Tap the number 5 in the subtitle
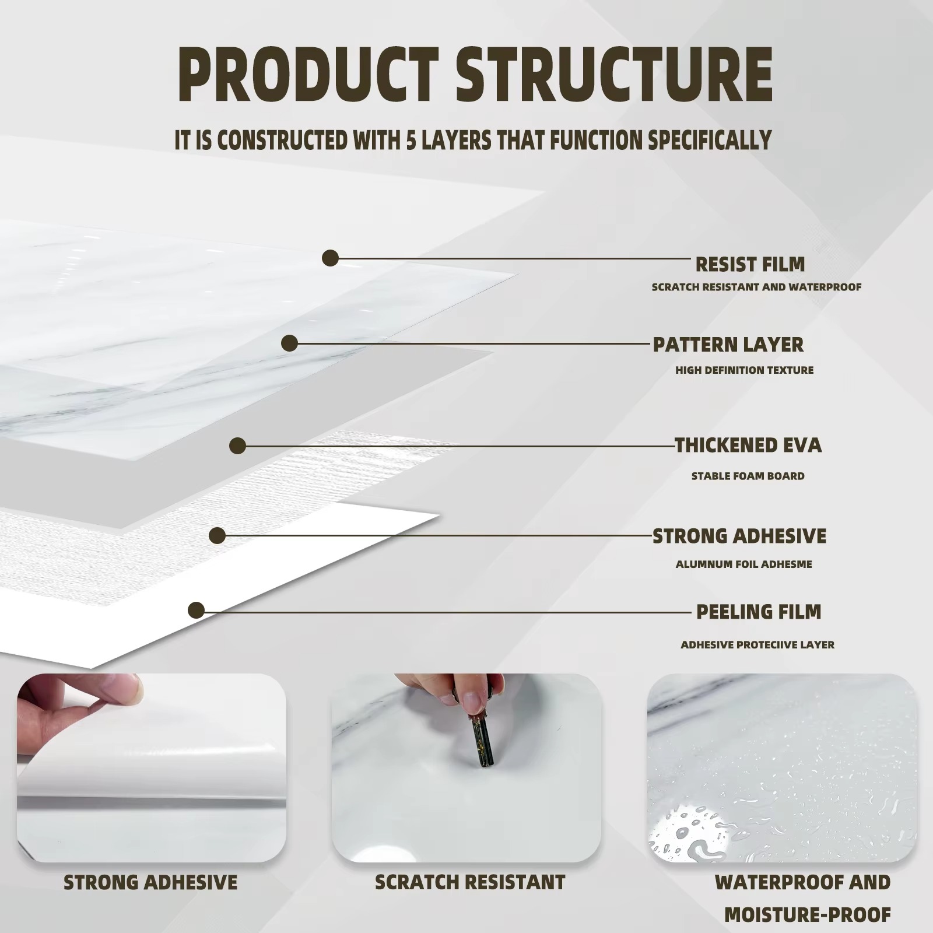411,140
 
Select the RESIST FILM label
750,264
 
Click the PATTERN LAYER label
728,345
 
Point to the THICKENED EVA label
748,446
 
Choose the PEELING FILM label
759,612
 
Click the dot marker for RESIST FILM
331,258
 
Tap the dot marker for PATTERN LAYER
289,343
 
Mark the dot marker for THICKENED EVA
237,446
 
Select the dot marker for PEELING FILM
197,611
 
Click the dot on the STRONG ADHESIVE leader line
218,536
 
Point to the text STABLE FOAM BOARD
748,476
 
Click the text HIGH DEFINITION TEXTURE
744,370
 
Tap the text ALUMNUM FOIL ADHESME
743,564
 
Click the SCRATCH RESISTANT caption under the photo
470,882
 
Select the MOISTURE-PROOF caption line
808,915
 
